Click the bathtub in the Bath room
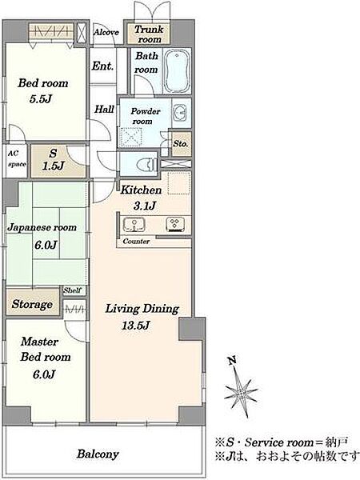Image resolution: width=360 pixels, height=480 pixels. click(x=177, y=72)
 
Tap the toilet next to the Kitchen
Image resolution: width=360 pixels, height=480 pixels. click(x=148, y=166)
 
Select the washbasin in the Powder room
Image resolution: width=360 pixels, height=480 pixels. click(x=179, y=114)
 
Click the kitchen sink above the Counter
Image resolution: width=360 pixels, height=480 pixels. click(x=134, y=225)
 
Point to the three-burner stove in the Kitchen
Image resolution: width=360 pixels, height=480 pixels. click(x=175, y=224)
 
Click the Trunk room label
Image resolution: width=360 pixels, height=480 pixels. click(x=149, y=34)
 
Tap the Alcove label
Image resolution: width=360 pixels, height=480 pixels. click(x=106, y=32)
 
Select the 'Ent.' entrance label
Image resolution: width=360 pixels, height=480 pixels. click(x=102, y=66)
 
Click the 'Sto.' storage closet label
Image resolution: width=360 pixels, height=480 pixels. click(x=181, y=143)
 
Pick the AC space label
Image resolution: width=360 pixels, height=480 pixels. click(x=17, y=159)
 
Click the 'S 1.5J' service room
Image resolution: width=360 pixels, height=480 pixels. click(x=53, y=159)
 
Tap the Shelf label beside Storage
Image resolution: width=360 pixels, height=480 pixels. click(x=72, y=290)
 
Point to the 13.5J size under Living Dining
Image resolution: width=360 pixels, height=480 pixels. click(x=135, y=325)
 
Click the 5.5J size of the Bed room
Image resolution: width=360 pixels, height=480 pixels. click(x=41, y=99)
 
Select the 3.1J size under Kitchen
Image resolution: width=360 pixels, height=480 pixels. click(x=145, y=206)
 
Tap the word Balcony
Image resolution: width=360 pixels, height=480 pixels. click(x=98, y=454)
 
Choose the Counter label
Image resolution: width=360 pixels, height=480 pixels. click(x=136, y=242)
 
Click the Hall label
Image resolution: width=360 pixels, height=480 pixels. click(x=104, y=110)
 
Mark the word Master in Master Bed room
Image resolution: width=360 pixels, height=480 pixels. click(x=39, y=342)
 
